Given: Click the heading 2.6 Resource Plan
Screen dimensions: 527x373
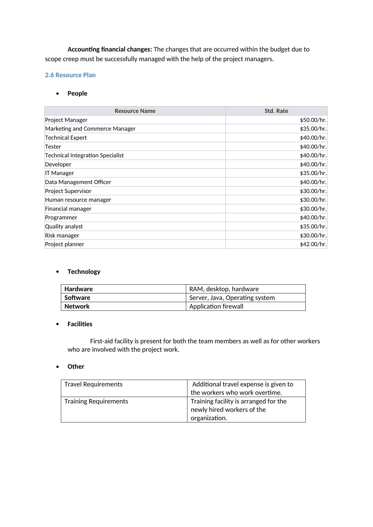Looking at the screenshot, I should pos(70,75).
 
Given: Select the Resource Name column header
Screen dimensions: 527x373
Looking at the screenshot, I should pos(135,111).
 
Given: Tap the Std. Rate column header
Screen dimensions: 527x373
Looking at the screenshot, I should pos(276,111).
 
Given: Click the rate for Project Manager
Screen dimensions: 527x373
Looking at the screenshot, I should pos(313,120).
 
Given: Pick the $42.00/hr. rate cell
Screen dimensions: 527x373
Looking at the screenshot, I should pos(313,244).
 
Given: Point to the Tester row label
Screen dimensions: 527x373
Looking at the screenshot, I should pos(53,147).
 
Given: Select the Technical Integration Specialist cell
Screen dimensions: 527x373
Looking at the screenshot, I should pos(84,155).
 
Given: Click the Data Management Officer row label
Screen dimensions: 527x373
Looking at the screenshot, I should pos(78,182).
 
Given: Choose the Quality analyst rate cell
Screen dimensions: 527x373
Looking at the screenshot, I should pos(313,227).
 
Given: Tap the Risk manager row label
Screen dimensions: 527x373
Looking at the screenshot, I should pos(62,236).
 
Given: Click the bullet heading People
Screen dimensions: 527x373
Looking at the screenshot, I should pos(77,93).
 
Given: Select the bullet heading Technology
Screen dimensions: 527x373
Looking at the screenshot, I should pos(84,272).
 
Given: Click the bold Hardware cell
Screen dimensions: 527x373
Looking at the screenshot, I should pos(79,289).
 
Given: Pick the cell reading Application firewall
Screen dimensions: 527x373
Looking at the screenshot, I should pos(216,306).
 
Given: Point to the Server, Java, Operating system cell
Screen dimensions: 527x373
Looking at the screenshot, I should pos(232,298).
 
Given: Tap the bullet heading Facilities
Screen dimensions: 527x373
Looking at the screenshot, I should pos(80,324).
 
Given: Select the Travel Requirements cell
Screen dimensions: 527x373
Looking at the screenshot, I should pos(93,384).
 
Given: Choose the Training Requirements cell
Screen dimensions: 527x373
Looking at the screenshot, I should pos(96,401).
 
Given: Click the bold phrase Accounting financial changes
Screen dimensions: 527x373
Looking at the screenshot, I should pos(110,50).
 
